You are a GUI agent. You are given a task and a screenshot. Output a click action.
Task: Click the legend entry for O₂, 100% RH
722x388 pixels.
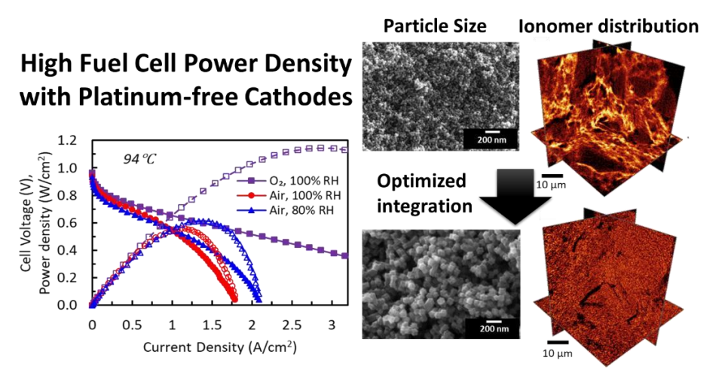pos(288,181)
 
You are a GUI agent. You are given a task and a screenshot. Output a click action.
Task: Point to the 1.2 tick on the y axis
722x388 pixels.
pos(67,140)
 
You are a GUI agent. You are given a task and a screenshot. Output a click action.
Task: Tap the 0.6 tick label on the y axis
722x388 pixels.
pos(67,223)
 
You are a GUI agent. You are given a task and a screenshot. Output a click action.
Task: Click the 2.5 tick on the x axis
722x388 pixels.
pos(292,325)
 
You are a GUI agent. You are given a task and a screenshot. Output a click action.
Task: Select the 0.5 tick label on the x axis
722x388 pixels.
pos(132,325)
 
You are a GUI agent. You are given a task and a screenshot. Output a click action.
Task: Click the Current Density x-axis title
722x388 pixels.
pos(219,347)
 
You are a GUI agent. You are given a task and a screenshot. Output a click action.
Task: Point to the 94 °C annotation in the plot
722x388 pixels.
pos(139,159)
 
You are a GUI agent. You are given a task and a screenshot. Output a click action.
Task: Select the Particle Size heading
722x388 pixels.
pos(435,26)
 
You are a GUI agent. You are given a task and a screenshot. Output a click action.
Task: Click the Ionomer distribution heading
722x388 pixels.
pos(609,26)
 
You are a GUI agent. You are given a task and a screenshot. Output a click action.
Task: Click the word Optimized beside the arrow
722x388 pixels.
pos(421,182)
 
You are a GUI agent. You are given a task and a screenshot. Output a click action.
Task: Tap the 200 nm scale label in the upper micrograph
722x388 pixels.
pos(492,139)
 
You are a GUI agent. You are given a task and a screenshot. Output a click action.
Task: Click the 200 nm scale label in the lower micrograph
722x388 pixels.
pos(494,328)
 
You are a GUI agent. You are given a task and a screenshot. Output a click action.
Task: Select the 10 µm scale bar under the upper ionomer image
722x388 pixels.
pos(552,176)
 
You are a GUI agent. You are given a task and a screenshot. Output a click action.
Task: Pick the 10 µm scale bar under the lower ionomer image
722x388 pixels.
pos(558,343)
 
